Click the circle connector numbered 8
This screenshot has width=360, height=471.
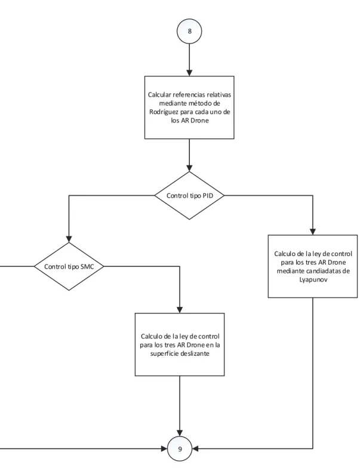[189, 31]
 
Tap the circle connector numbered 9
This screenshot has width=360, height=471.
[180, 449]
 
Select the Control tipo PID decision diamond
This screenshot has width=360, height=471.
[189, 196]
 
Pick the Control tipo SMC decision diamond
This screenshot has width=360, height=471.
[69, 266]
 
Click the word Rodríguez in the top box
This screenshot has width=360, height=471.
[163, 112]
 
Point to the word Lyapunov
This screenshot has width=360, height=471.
[313, 280]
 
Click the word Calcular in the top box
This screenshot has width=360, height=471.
[159, 95]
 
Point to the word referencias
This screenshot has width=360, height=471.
[189, 95]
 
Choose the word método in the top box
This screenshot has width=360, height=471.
[199, 103]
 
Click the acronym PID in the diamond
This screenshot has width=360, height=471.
[208, 196]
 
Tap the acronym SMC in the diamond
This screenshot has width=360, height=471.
[87, 267]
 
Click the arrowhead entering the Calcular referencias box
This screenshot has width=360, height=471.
[189, 73]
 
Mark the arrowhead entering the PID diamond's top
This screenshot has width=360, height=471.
[189, 168]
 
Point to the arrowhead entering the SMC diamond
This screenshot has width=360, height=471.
[69, 239]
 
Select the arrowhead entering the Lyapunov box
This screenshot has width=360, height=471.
[313, 232]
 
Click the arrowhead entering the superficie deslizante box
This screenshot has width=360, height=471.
[180, 310]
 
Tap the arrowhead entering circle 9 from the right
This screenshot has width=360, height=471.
[195, 449]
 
